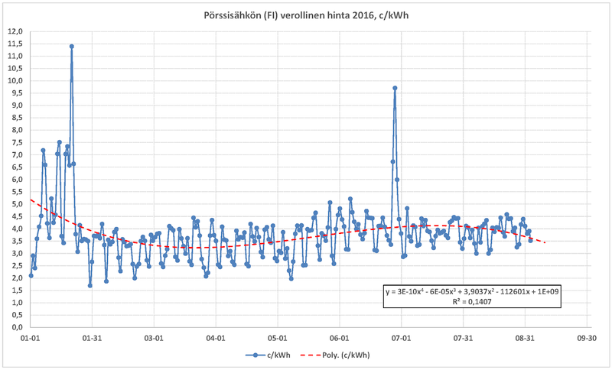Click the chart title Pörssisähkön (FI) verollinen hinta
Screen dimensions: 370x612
[x=306, y=15]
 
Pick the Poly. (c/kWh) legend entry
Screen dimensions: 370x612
[x=337, y=355]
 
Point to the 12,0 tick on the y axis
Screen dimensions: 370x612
[x=15, y=31]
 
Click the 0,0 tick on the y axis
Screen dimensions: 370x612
[x=16, y=327]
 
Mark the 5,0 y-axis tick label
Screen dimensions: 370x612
[x=16, y=204]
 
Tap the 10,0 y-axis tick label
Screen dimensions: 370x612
[x=15, y=80]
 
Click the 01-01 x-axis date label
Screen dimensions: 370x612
[x=31, y=336]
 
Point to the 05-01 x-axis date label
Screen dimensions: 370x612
[x=278, y=336]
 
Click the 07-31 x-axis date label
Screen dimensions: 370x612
[x=463, y=336]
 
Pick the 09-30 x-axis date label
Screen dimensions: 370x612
[x=586, y=336]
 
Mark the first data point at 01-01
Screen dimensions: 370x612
[x=31, y=275]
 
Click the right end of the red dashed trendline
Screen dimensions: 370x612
[x=545, y=242]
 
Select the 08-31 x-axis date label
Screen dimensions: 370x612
[x=525, y=336]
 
